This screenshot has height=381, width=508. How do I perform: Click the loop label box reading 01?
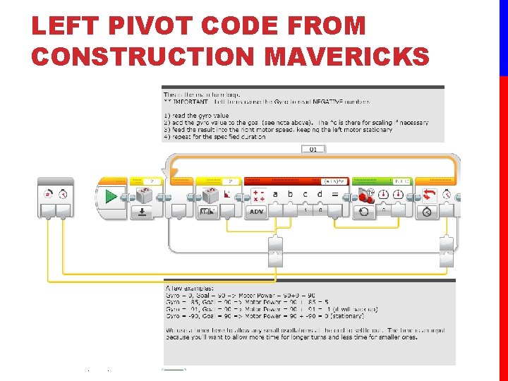(313, 150)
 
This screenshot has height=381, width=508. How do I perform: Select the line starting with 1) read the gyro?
(196, 116)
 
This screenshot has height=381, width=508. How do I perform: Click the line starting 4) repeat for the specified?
(214, 137)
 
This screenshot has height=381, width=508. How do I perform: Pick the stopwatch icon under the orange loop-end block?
(428, 212)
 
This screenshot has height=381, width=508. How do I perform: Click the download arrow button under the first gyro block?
(143, 212)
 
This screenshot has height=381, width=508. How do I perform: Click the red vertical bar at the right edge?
(503, 226)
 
